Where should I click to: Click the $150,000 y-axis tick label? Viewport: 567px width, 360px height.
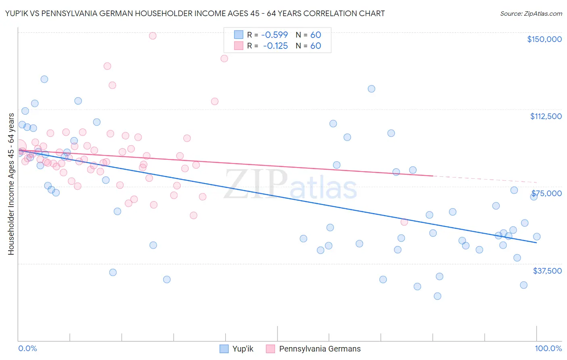point(544,39)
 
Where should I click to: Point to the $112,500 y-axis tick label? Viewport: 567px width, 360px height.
point(546,116)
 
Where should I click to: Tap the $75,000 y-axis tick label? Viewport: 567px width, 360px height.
point(546,193)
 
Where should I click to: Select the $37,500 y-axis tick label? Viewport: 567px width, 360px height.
point(547,270)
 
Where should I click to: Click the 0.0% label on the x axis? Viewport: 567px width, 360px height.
point(27,348)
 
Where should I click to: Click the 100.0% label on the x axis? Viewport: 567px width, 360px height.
point(548,348)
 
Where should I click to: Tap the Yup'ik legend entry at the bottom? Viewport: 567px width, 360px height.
point(237,349)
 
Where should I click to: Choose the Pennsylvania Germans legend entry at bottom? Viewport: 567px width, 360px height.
point(313,349)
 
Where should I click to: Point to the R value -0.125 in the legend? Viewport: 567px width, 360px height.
point(275,46)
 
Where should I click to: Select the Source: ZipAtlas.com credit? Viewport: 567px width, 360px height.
point(531,13)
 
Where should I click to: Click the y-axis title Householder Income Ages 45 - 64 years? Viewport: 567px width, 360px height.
point(11,184)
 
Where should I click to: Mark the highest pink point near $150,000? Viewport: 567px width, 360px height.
point(152,36)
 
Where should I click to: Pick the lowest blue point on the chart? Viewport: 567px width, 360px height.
point(437,296)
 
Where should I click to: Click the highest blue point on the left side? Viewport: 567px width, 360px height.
point(44,79)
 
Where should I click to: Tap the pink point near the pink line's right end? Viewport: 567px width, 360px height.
point(404,222)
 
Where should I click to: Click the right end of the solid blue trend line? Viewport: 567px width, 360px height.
point(536,243)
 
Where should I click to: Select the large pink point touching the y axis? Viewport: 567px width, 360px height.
point(19,147)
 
